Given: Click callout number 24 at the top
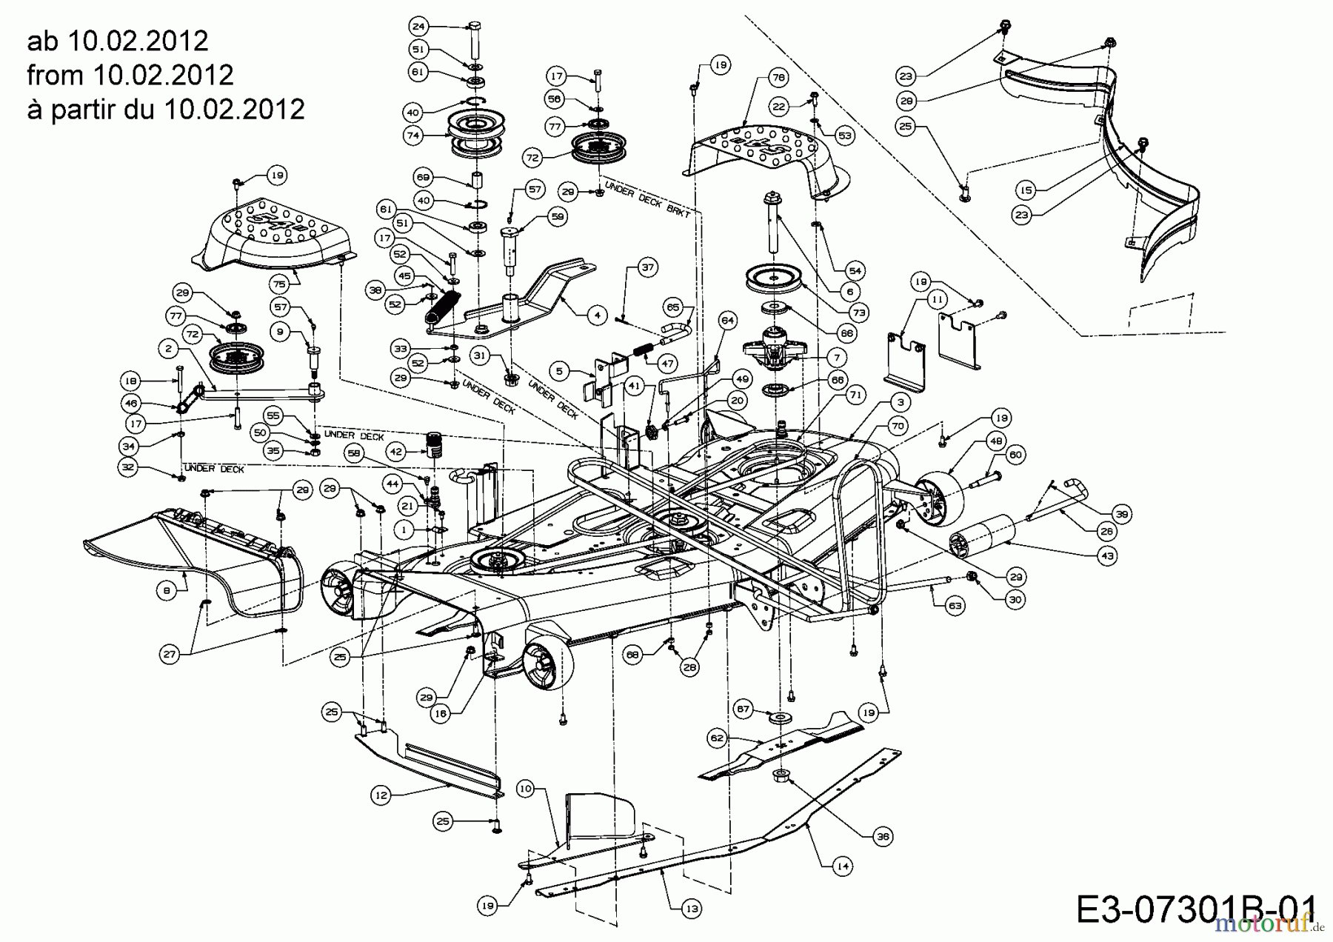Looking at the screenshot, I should tap(418, 27).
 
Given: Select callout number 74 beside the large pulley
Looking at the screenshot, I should tap(413, 136).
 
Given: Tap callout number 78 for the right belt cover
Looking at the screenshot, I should tap(777, 77).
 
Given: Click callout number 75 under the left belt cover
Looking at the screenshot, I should tap(278, 284).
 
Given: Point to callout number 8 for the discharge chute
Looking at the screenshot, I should tap(167, 589).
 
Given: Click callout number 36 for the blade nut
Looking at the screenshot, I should tap(882, 837).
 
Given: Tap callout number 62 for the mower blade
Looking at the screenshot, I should tap(716, 738).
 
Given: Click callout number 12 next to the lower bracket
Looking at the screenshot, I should tap(380, 795).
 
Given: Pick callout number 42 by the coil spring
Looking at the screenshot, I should tap(396, 451).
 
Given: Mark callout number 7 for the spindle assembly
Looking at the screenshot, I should tap(836, 357).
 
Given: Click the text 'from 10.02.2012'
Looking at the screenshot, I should tap(130, 74).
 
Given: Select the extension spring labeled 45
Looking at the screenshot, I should tap(444, 304).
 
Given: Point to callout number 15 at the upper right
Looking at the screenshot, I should tap(1026, 190).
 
